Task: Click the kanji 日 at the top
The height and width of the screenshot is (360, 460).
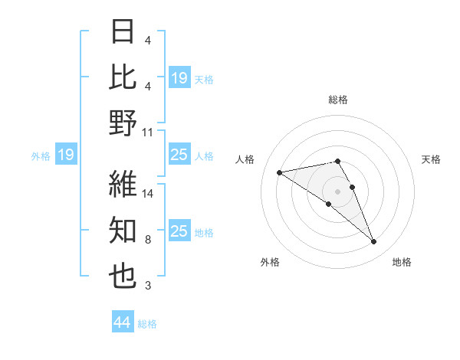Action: pos(123,33)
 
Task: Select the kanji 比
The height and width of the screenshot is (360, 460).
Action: pos(123,77)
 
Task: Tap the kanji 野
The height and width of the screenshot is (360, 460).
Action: pos(123,122)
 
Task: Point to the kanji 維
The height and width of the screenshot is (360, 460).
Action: pos(123,185)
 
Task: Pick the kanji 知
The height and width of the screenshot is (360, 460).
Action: pos(123,231)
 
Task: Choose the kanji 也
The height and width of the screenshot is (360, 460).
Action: pos(123,276)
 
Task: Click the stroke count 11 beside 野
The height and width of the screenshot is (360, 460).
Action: pos(147,132)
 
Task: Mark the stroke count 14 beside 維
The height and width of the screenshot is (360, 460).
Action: pos(148,195)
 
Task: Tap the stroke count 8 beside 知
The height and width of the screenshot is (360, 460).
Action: pos(147,240)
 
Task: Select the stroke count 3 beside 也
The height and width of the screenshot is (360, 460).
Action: pos(147,286)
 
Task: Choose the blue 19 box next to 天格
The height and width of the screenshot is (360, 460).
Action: pos(179,78)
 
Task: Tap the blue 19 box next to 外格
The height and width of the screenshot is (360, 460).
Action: pos(65,155)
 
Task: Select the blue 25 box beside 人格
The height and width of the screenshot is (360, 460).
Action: pos(179,155)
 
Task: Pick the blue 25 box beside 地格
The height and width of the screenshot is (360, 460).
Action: pos(179,232)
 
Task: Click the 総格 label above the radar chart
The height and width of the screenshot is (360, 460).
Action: pos(337,100)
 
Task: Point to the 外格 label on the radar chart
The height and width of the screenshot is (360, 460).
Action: pos(270,262)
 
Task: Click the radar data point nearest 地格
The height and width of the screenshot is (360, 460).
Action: pos(374,241)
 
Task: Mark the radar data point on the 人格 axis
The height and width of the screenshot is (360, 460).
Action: pos(280,172)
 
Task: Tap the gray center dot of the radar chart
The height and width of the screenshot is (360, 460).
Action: pos(337,191)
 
